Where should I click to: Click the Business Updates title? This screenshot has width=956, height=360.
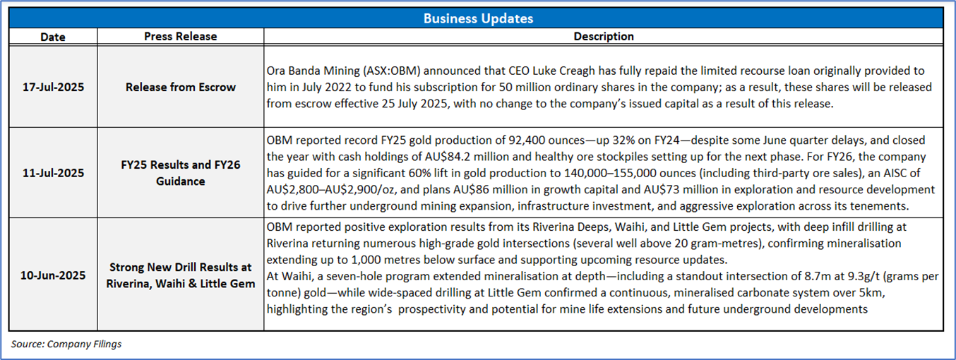click(x=477, y=18)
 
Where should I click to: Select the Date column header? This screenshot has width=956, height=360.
click(x=53, y=37)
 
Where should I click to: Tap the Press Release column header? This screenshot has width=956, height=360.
click(x=181, y=37)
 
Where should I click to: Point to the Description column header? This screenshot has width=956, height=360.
click(x=603, y=37)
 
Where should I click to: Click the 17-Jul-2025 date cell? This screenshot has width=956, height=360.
click(x=53, y=88)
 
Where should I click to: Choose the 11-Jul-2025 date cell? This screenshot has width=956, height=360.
click(x=53, y=173)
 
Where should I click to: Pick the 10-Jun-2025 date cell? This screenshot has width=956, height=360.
click(x=53, y=275)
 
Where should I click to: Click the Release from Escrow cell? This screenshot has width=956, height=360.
click(x=181, y=88)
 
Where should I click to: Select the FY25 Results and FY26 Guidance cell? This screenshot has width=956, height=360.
click(x=181, y=173)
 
